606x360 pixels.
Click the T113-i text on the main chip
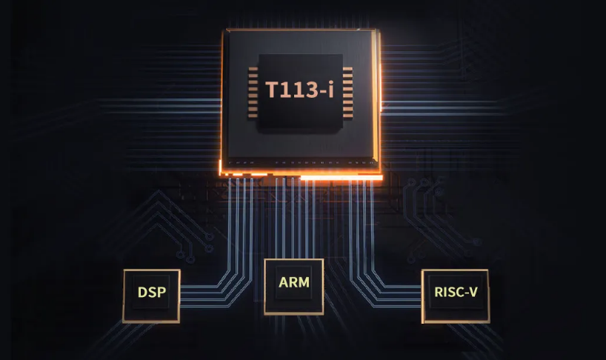299,90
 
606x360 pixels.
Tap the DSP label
152,292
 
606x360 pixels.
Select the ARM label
294,282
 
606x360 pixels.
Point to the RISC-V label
456,292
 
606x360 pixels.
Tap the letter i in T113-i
331,90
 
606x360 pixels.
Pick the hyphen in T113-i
322,92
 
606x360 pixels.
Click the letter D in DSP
142,292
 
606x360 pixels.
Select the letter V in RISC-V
473,292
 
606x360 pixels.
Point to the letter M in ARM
304,282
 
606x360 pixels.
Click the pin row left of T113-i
253,93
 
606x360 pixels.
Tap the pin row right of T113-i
347,93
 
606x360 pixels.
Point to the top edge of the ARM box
294,260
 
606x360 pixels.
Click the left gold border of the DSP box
124,296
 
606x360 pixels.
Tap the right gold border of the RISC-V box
488,296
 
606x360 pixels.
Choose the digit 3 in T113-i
310,90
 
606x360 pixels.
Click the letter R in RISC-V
438,292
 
